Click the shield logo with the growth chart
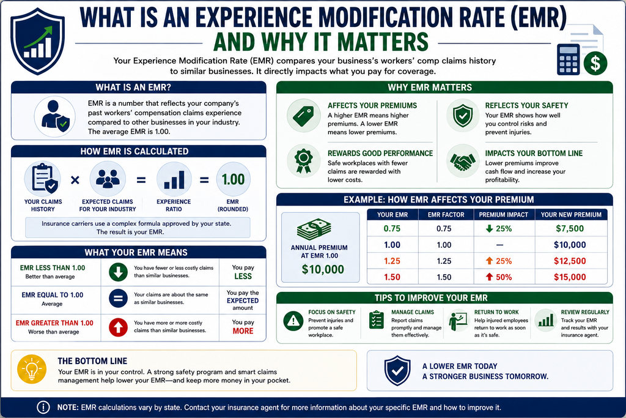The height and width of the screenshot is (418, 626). click(38, 41)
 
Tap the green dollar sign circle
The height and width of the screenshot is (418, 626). click(595, 63)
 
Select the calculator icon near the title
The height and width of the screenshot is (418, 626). click(568, 59)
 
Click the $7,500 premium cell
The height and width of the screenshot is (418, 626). click(570, 228)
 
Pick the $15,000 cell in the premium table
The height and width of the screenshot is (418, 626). click(570, 277)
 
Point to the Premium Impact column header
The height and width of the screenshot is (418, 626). click(504, 215)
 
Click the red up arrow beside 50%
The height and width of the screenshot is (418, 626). click(489, 277)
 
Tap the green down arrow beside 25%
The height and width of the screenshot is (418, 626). click(489, 228)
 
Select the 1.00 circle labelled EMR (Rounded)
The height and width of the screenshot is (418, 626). click(233, 179)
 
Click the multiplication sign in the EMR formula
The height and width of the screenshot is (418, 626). click(75, 180)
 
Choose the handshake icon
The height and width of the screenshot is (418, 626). click(463, 161)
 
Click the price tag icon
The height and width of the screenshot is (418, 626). click(303, 116)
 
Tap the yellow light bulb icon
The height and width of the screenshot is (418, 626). click(32, 369)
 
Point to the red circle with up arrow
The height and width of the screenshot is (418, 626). click(118, 327)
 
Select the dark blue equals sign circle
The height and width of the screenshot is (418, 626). click(118, 299)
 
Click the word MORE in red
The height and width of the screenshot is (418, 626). click(243, 331)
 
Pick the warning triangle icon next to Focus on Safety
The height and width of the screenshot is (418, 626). click(293, 321)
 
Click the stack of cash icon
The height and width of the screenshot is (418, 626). click(314, 230)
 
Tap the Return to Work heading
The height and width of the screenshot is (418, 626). click(496, 312)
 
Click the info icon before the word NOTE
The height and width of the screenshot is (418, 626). click(43, 407)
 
